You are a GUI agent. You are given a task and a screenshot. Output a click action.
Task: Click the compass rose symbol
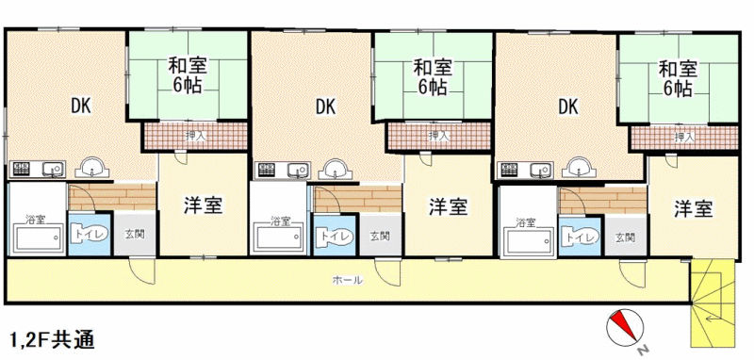(x=625, y=329)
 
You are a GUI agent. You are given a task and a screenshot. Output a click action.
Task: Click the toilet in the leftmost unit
(x=90, y=234)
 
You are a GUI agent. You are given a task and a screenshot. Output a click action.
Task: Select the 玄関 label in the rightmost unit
(x=625, y=237)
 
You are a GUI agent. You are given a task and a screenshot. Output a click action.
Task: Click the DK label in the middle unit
(x=325, y=106)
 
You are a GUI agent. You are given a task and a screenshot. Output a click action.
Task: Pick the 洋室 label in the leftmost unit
(x=203, y=205)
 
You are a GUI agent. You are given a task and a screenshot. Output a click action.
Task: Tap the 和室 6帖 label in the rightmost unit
(x=678, y=78)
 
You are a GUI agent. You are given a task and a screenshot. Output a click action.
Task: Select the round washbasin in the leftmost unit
(x=94, y=169)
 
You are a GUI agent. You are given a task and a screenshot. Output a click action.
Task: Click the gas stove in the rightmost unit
(x=510, y=170)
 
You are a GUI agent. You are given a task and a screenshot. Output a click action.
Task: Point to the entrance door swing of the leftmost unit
(x=142, y=271)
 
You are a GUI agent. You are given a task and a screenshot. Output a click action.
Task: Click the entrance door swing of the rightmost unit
(x=632, y=274)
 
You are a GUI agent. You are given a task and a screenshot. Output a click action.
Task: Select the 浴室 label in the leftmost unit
(x=36, y=221)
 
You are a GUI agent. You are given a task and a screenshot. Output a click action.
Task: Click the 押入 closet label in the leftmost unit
(x=195, y=136)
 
